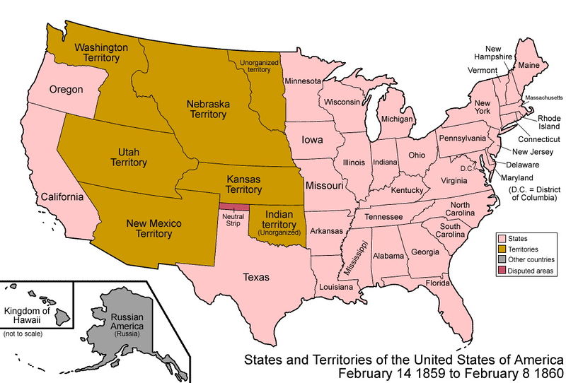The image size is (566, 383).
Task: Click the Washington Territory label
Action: pyautogui.click(x=101, y=54)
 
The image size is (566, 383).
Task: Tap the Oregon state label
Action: pyautogui.click(x=66, y=90)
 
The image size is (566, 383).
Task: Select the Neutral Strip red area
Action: pyautogui.click(x=234, y=207)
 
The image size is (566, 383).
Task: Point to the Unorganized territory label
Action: pyautogui.click(x=255, y=66)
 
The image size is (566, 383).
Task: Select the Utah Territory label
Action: pyautogui.click(x=128, y=157)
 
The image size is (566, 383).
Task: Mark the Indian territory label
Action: pyautogui.click(x=278, y=219)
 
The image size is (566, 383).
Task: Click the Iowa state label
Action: pyautogui.click(x=311, y=140)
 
